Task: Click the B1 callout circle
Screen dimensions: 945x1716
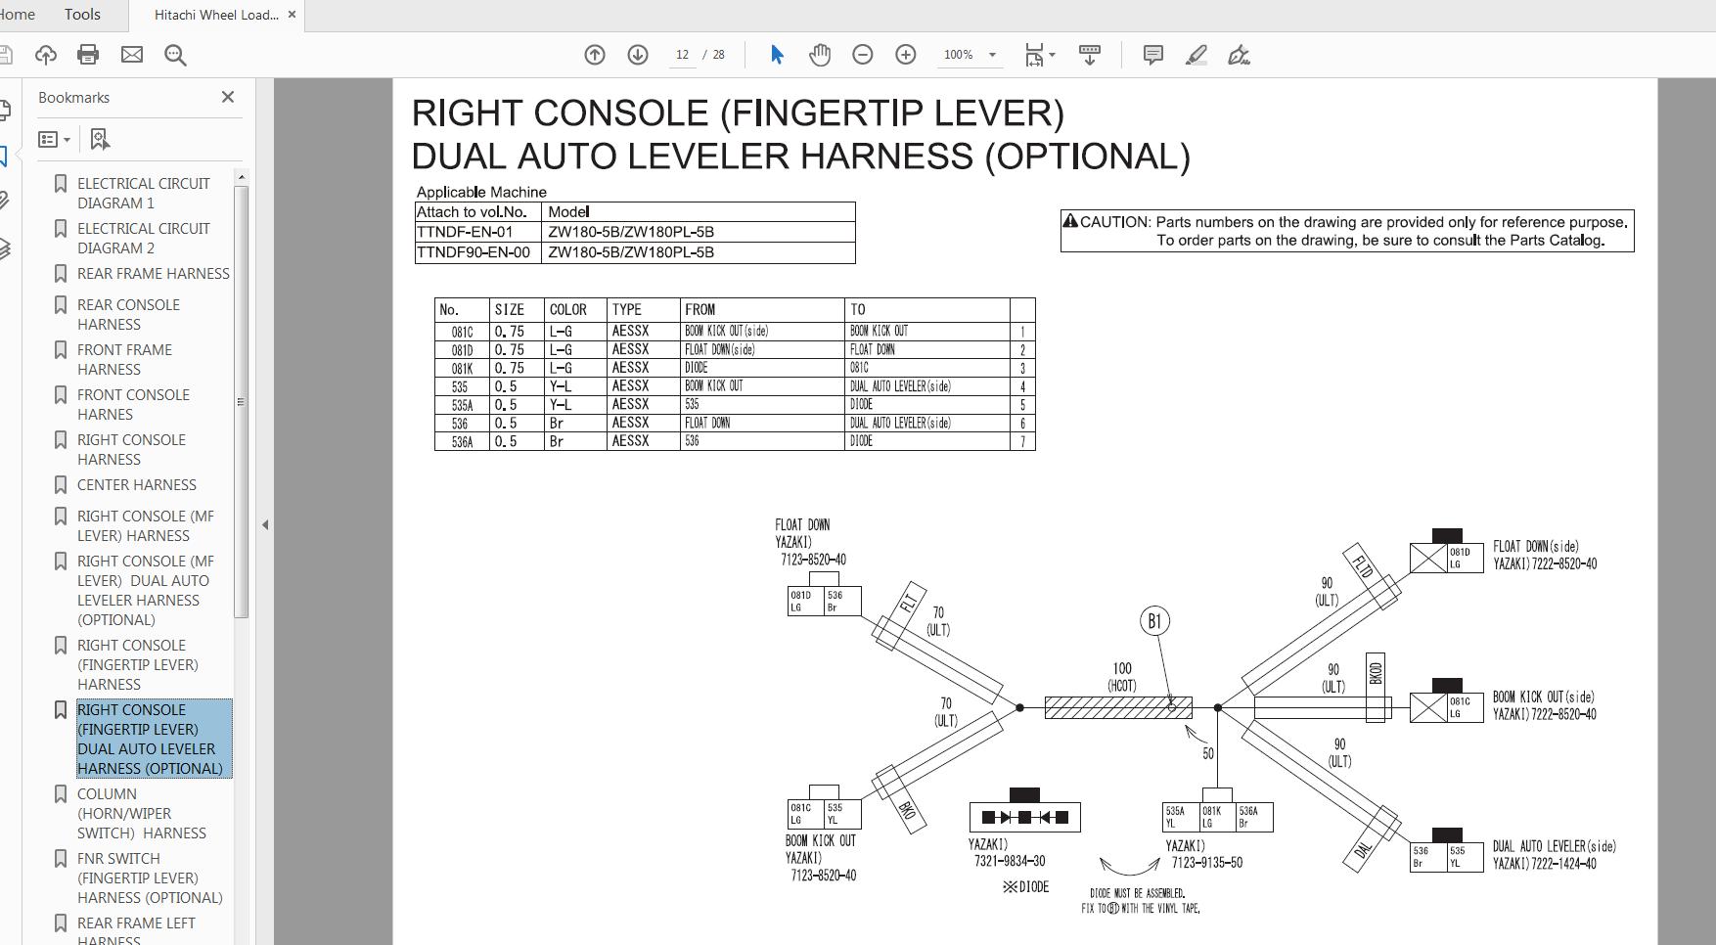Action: [1154, 621]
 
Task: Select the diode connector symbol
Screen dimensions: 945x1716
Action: [1024, 817]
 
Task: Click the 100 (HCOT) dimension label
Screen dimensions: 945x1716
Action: [1121, 677]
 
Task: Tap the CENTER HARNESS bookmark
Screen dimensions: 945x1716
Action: [136, 485]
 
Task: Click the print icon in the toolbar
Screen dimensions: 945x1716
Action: [88, 55]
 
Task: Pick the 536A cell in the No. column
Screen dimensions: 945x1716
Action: [462, 442]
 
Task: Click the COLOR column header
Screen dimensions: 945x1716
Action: [567, 309]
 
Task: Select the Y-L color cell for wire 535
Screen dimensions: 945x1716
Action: [561, 386]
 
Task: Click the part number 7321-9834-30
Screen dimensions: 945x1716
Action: [1010, 862]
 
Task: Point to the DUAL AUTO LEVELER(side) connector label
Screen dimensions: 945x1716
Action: [1554, 846]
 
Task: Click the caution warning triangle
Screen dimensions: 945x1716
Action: [1070, 222]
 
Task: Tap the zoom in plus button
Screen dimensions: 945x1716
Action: [905, 55]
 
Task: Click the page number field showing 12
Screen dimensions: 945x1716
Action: [682, 55]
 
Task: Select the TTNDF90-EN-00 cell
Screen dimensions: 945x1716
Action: [474, 252]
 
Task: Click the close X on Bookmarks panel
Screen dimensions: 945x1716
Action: [228, 97]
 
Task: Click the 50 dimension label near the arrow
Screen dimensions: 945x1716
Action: [1208, 753]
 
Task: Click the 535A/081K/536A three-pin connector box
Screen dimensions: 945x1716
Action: [1217, 817]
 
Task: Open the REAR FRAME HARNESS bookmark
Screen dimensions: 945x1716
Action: [153, 274]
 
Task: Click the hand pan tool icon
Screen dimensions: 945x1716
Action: [820, 55]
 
